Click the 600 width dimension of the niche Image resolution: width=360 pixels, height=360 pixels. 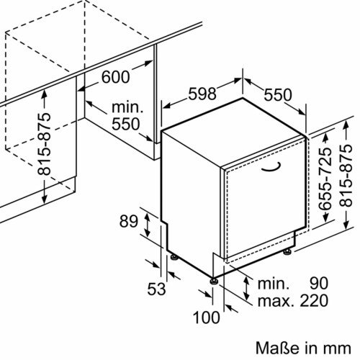click(x=116, y=77)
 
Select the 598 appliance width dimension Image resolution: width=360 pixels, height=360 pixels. click(x=202, y=94)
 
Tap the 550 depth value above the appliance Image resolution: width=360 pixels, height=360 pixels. click(x=278, y=95)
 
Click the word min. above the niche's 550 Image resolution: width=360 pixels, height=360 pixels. click(x=127, y=107)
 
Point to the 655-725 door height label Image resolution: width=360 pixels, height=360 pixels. click(x=325, y=178)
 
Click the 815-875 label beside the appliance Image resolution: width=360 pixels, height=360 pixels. click(x=346, y=175)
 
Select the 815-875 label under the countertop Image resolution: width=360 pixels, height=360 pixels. click(x=44, y=144)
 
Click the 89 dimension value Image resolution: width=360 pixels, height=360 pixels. click(x=129, y=221)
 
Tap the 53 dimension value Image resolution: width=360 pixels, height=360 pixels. click(x=156, y=289)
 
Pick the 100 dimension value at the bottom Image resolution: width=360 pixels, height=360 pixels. click(x=207, y=318)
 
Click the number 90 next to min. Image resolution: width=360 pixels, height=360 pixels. click(x=319, y=284)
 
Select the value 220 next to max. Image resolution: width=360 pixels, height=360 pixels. click(x=314, y=300)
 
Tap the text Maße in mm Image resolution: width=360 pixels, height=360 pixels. click(x=303, y=348)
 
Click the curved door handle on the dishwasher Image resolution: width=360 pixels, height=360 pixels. click(x=271, y=167)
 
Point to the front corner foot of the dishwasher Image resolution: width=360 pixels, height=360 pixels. click(x=214, y=281)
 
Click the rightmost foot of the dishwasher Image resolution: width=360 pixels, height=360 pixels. click(x=287, y=251)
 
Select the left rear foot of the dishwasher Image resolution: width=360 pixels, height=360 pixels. click(x=174, y=257)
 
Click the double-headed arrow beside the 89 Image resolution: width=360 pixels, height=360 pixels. click(x=147, y=225)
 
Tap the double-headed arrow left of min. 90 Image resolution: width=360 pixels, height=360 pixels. click(x=246, y=288)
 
